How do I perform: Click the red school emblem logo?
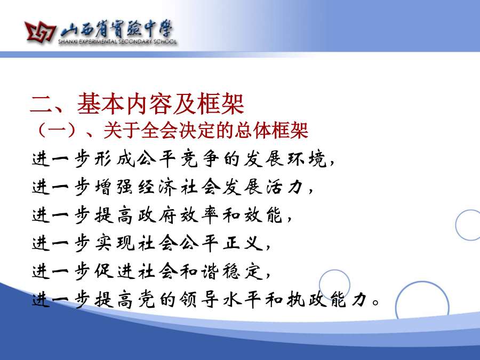(x=40, y=31)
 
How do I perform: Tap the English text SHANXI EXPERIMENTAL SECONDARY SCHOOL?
(x=117, y=42)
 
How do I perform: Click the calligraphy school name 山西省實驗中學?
(x=116, y=29)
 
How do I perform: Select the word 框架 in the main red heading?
(x=221, y=104)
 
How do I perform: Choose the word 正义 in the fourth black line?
(x=243, y=243)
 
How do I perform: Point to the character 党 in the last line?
(x=146, y=300)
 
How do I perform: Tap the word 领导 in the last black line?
(x=199, y=300)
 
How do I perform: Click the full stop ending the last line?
(x=375, y=303)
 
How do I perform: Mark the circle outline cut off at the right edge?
(x=456, y=225)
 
